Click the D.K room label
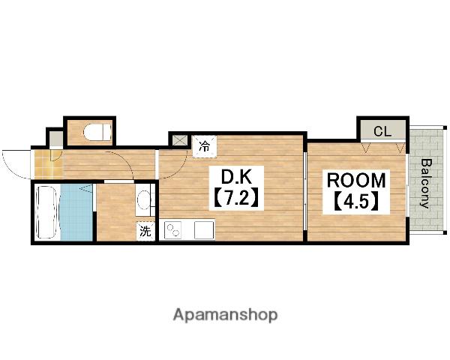(236, 178)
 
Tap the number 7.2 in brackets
(236, 197)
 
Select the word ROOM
(356, 180)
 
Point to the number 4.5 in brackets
(356, 201)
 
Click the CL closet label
(382, 131)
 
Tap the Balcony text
(427, 184)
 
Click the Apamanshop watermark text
(225, 315)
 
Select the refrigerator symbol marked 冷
(204, 146)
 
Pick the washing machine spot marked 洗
(145, 231)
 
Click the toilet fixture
(97, 132)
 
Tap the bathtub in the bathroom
(47, 212)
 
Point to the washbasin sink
(143, 200)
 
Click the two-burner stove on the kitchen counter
(172, 230)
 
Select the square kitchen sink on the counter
(204, 230)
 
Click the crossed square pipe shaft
(179, 141)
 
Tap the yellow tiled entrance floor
(49, 164)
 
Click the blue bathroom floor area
(76, 212)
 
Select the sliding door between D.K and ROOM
(305, 191)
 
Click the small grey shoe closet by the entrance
(56, 139)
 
